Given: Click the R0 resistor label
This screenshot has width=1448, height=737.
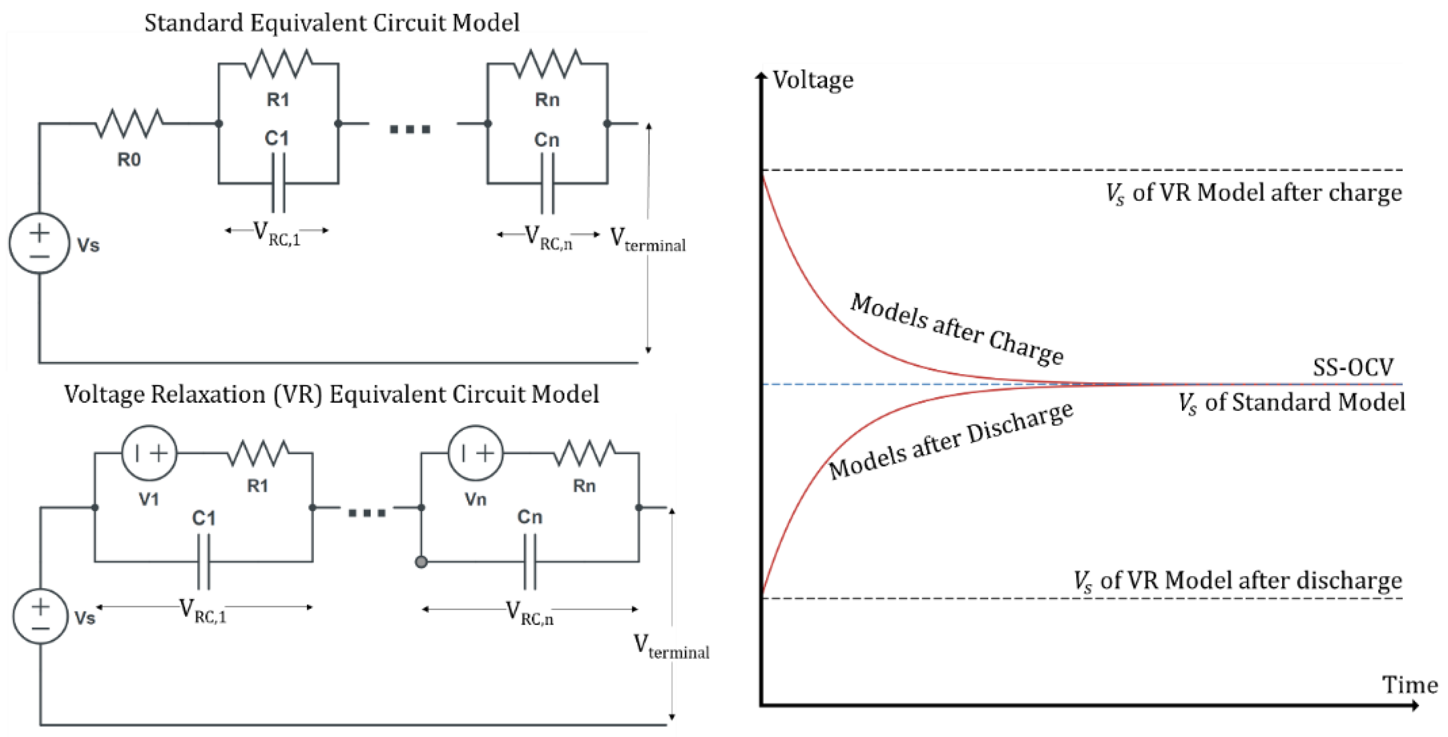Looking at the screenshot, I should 129,160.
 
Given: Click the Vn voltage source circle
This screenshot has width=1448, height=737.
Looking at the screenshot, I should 476,453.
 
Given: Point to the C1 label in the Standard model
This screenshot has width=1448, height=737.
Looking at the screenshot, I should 277,138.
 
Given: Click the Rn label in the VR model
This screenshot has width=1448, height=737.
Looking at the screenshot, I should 584,486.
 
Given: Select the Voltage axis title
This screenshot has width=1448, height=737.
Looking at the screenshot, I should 813,80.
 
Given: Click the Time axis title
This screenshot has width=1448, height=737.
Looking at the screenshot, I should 1409,685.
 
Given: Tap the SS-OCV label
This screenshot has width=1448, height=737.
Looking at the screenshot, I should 1353,367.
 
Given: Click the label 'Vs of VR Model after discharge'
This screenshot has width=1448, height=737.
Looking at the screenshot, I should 1237,581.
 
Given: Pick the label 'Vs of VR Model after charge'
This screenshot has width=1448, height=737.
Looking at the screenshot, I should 1253,193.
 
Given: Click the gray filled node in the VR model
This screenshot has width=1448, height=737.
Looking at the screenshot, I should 421,562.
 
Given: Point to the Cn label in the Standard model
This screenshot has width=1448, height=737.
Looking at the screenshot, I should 547,139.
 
